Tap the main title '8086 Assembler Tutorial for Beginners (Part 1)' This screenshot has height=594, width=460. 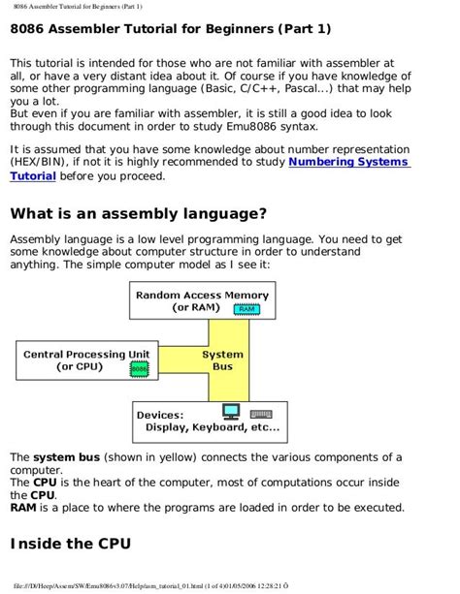tap(170, 30)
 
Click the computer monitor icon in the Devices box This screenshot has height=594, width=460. tap(230, 410)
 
